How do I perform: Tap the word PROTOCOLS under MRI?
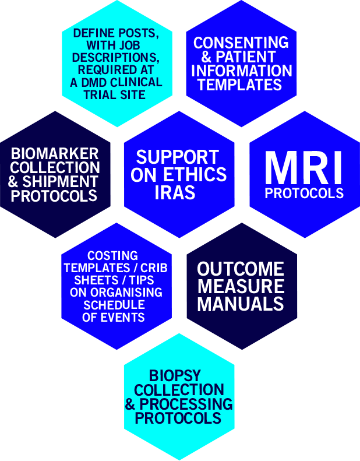coord(304,193)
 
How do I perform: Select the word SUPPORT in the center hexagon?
coord(177,157)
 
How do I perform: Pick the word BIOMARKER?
coord(55,154)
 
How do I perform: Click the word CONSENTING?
coord(241,43)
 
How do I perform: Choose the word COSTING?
coord(112,256)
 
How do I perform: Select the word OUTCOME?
coord(241,269)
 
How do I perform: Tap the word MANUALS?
coord(241,304)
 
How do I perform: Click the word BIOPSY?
coord(178,375)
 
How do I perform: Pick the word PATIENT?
coord(251,57)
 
